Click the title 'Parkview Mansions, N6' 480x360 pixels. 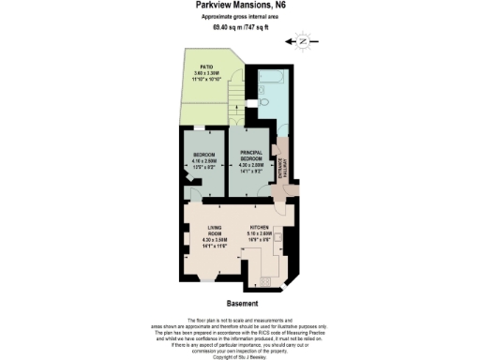(241, 7)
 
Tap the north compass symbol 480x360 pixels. (301, 42)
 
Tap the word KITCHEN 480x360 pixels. (258, 227)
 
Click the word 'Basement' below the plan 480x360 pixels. (241, 304)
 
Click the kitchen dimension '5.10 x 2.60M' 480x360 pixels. (258, 232)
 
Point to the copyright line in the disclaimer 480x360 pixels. (241, 355)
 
